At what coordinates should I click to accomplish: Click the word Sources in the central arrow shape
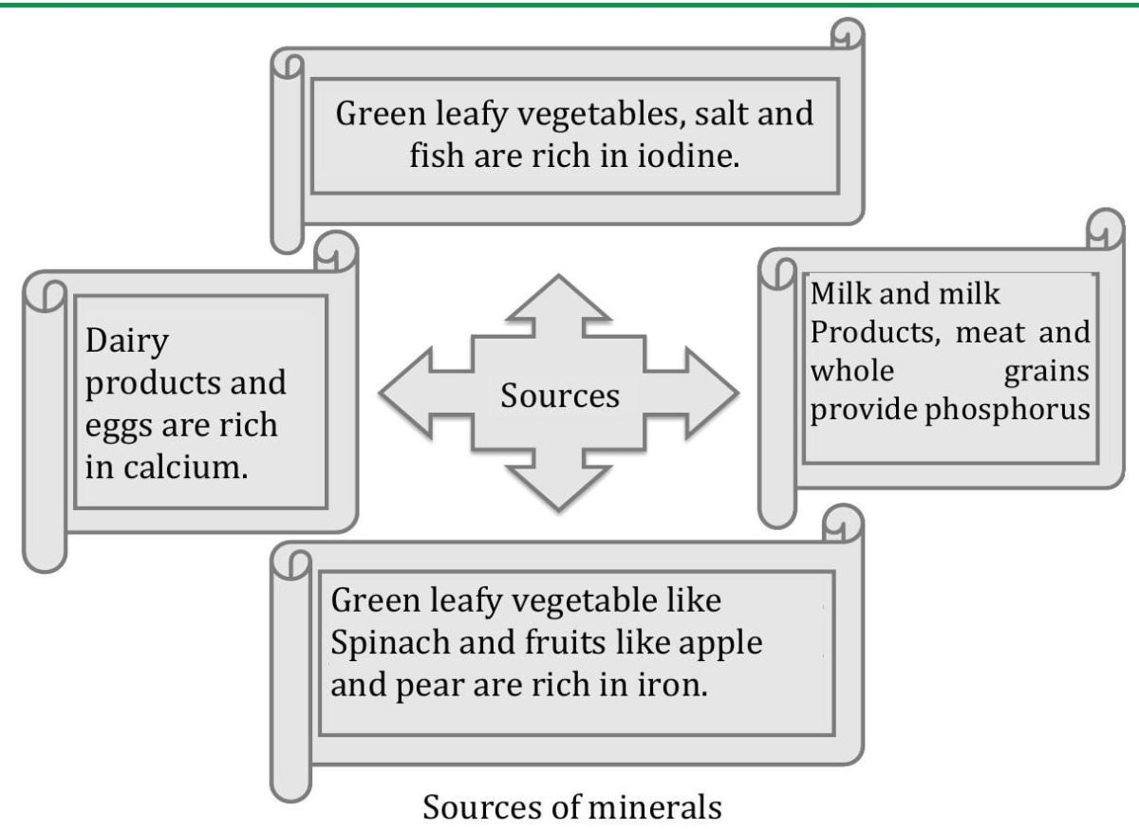[x=560, y=396]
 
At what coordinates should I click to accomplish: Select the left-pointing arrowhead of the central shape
[x=406, y=393]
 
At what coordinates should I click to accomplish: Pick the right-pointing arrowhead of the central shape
[x=712, y=393]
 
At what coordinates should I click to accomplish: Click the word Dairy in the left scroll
[x=127, y=341]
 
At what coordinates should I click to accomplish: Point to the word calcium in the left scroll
[x=186, y=468]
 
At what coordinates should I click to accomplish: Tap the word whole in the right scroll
[x=852, y=371]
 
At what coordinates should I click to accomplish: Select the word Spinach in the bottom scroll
[x=390, y=643]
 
